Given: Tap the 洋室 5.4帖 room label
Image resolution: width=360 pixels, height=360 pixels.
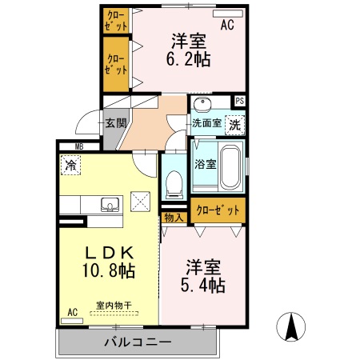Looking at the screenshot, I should point(205,274).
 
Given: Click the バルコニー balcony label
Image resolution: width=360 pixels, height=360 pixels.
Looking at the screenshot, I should point(137,342).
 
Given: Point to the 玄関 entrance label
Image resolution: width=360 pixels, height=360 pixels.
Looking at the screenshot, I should point(115,123).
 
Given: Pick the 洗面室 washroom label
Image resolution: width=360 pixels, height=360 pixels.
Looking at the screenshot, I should point(205,124).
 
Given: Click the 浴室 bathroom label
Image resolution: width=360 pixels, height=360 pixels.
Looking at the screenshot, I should point(205,164).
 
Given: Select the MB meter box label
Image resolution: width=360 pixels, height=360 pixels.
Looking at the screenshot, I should point(79,146).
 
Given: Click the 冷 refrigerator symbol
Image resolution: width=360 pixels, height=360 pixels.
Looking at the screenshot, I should point(70,166).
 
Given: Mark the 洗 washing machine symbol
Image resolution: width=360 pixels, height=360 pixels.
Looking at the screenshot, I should point(234,124).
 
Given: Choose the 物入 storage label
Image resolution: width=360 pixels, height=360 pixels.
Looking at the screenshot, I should point(173,217).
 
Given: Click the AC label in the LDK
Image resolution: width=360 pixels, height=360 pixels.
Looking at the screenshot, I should point(73,312).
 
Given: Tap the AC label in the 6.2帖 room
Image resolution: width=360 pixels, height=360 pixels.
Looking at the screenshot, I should point(227,25).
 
